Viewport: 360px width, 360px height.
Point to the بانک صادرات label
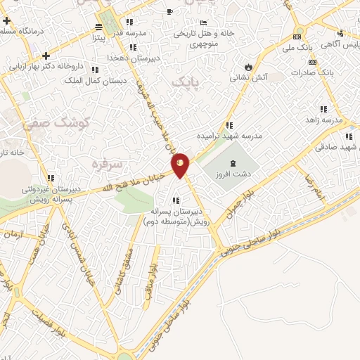coord(334,72)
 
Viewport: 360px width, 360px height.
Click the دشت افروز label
coord(233,172)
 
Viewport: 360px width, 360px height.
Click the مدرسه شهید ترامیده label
coord(229,135)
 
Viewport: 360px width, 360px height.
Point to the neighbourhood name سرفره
coord(107,164)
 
